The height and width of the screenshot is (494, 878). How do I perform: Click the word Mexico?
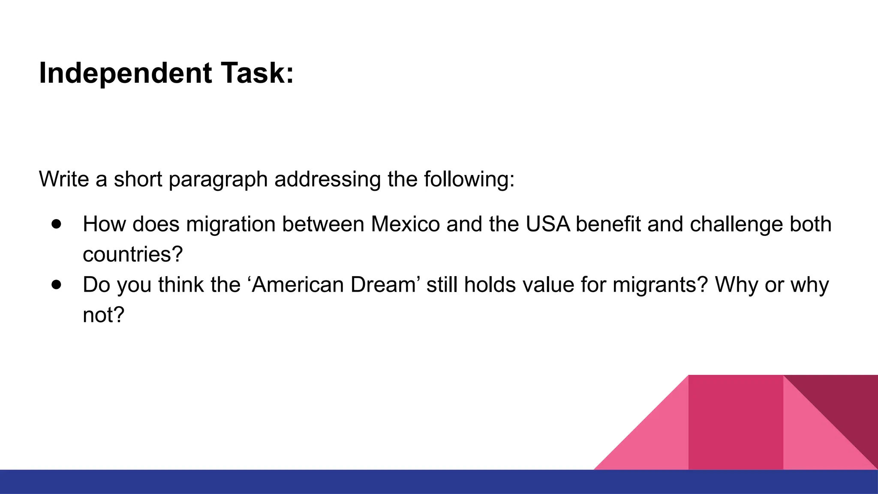tap(405, 224)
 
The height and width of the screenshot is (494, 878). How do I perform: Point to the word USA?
tap(547, 224)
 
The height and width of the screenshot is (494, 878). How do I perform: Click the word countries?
tap(133, 254)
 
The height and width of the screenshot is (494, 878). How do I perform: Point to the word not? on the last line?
tap(103, 315)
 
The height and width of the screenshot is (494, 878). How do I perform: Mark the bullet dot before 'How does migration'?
tap(56, 224)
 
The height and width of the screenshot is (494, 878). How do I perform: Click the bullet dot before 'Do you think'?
tap(56, 284)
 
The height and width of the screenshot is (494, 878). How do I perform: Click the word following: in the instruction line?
tap(469, 179)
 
